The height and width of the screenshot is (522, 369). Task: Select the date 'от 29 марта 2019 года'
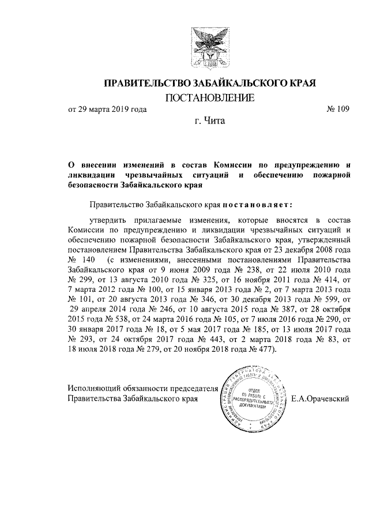[x=107, y=109]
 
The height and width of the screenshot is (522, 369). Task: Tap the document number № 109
[x=338, y=109]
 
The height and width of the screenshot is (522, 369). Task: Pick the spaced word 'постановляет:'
[x=258, y=204]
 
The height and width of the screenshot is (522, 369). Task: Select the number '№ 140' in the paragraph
[x=82, y=259]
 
